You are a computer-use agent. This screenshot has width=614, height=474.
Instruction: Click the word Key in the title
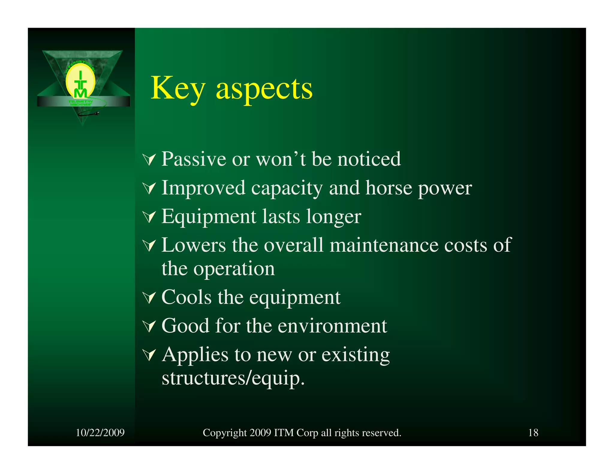coord(177,89)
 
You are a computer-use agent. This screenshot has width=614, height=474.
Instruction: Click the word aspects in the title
coord(264,89)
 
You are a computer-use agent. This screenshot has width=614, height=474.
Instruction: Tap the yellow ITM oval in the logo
coord(80,82)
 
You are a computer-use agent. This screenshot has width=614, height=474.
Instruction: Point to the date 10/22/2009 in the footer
coord(100,433)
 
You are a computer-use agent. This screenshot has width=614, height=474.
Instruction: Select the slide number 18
coord(533,433)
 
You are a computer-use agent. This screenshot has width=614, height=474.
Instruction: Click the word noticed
coord(369,159)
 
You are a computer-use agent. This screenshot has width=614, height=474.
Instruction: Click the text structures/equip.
coord(233,378)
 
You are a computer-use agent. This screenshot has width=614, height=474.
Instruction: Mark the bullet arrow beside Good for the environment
coord(149,326)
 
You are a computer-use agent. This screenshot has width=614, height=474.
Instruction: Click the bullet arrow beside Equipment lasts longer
coord(149,217)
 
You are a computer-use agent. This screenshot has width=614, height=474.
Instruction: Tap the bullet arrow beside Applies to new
coord(149,355)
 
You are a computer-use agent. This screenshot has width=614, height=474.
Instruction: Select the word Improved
coord(203,188)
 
